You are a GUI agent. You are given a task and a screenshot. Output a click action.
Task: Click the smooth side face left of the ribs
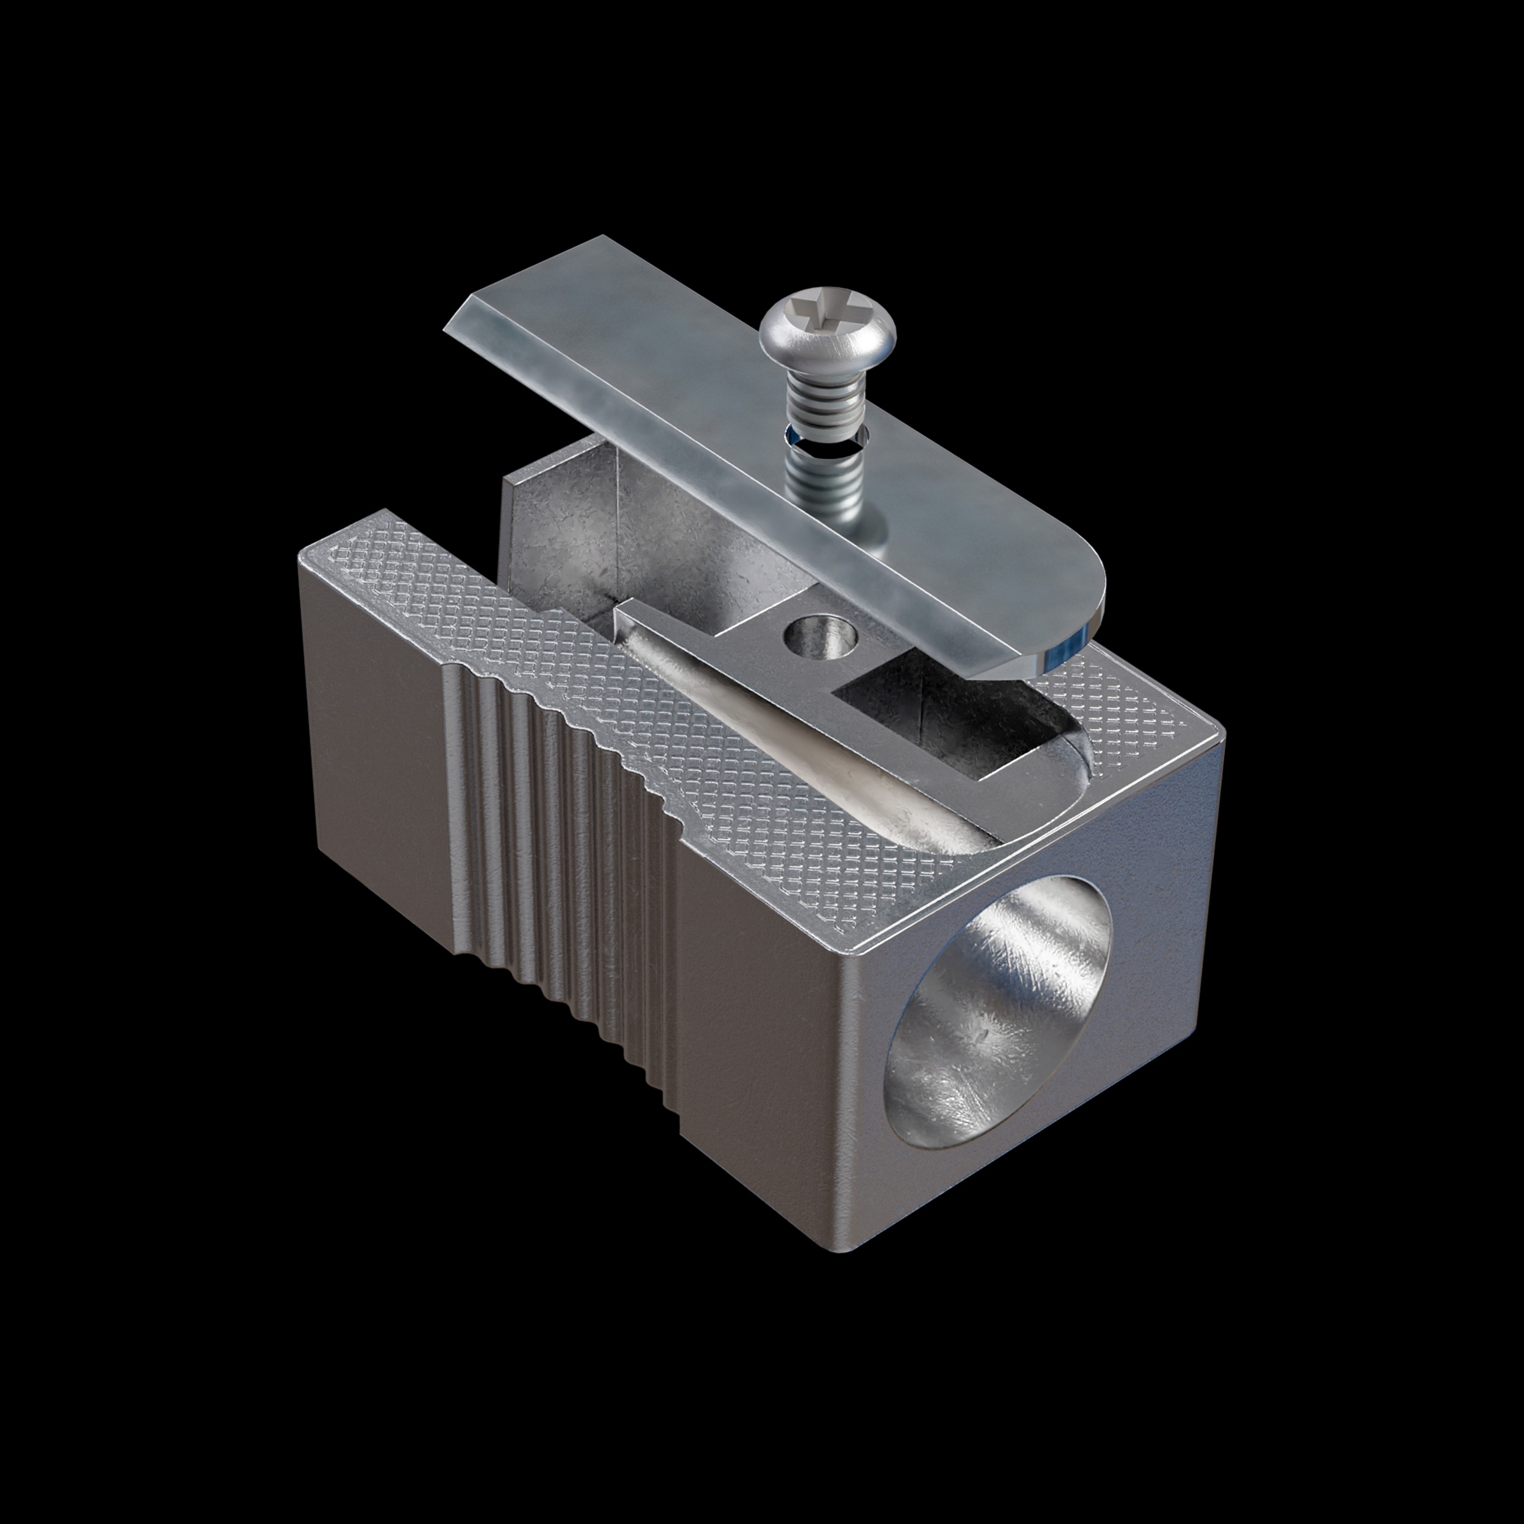(371, 757)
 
